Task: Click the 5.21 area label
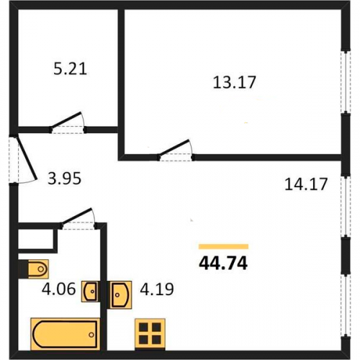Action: pyautogui.click(x=70, y=69)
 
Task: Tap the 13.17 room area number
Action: pyautogui.click(x=235, y=82)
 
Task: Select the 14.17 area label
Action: pyautogui.click(x=306, y=184)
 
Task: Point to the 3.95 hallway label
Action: pyautogui.click(x=64, y=179)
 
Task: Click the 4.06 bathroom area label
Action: pyautogui.click(x=58, y=289)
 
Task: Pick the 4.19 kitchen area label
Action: pyautogui.click(x=157, y=289)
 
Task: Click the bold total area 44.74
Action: pyautogui.click(x=223, y=264)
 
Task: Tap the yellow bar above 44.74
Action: pyautogui.click(x=223, y=246)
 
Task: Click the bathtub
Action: pyautogui.click(x=65, y=334)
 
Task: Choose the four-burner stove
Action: pyautogui.click(x=150, y=334)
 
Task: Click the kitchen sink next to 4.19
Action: pyautogui.click(x=120, y=294)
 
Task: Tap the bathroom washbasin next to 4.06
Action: pyautogui.click(x=91, y=292)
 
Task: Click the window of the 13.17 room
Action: pyautogui.click(x=346, y=81)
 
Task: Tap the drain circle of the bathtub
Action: pyautogui.click(x=91, y=335)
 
